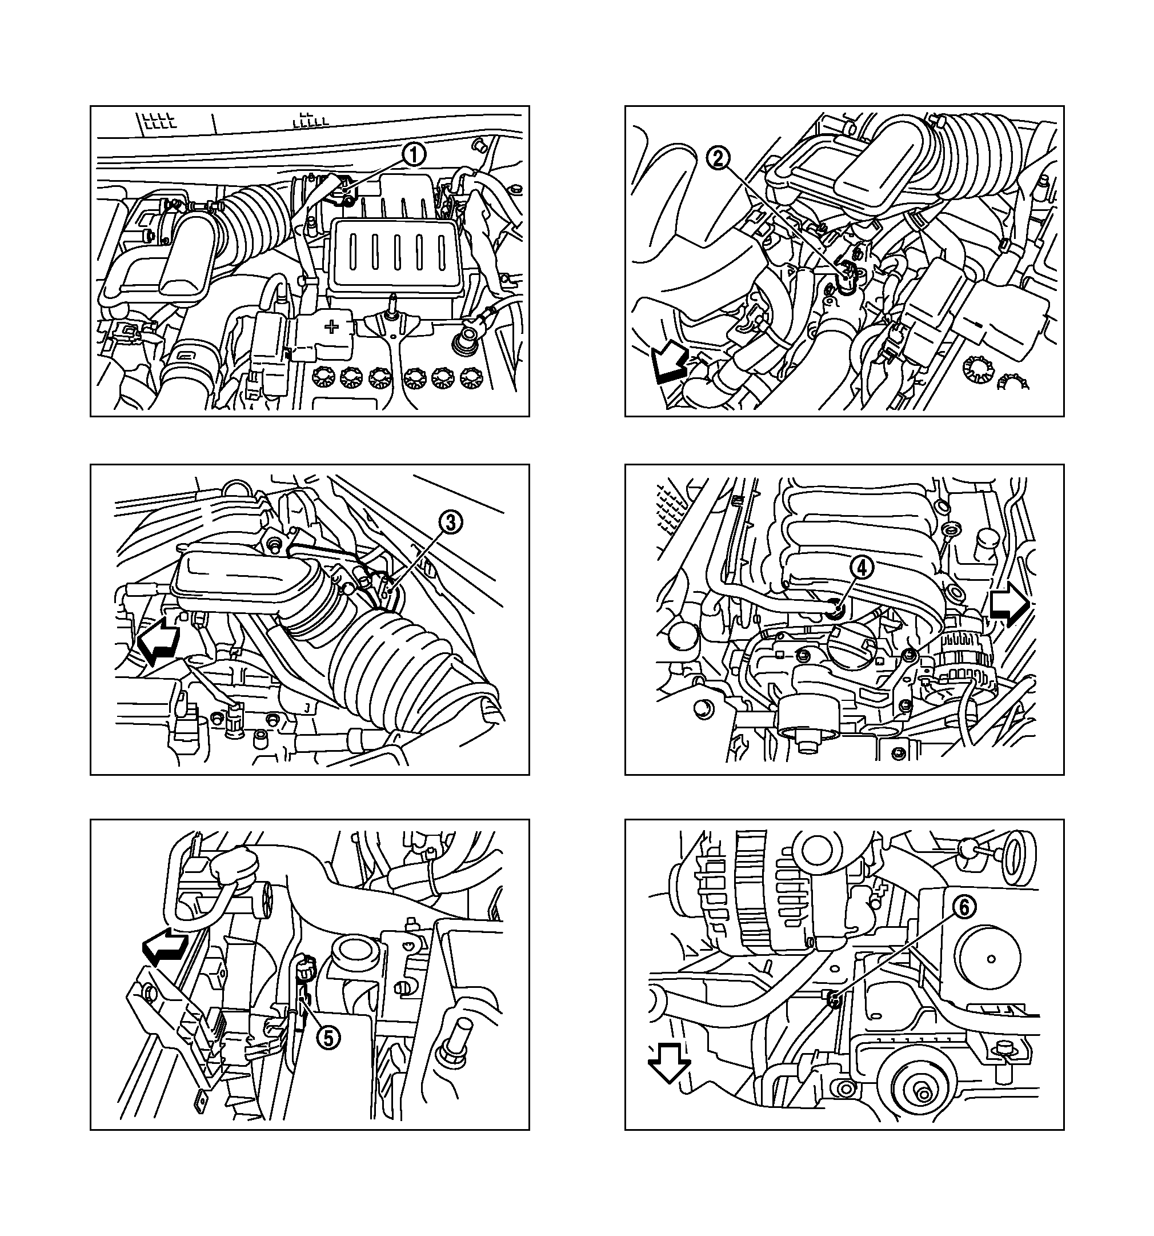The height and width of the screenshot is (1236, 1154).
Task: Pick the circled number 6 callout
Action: (963, 908)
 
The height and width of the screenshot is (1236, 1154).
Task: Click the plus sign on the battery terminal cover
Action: (332, 326)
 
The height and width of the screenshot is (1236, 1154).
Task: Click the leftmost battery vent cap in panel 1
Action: (323, 376)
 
